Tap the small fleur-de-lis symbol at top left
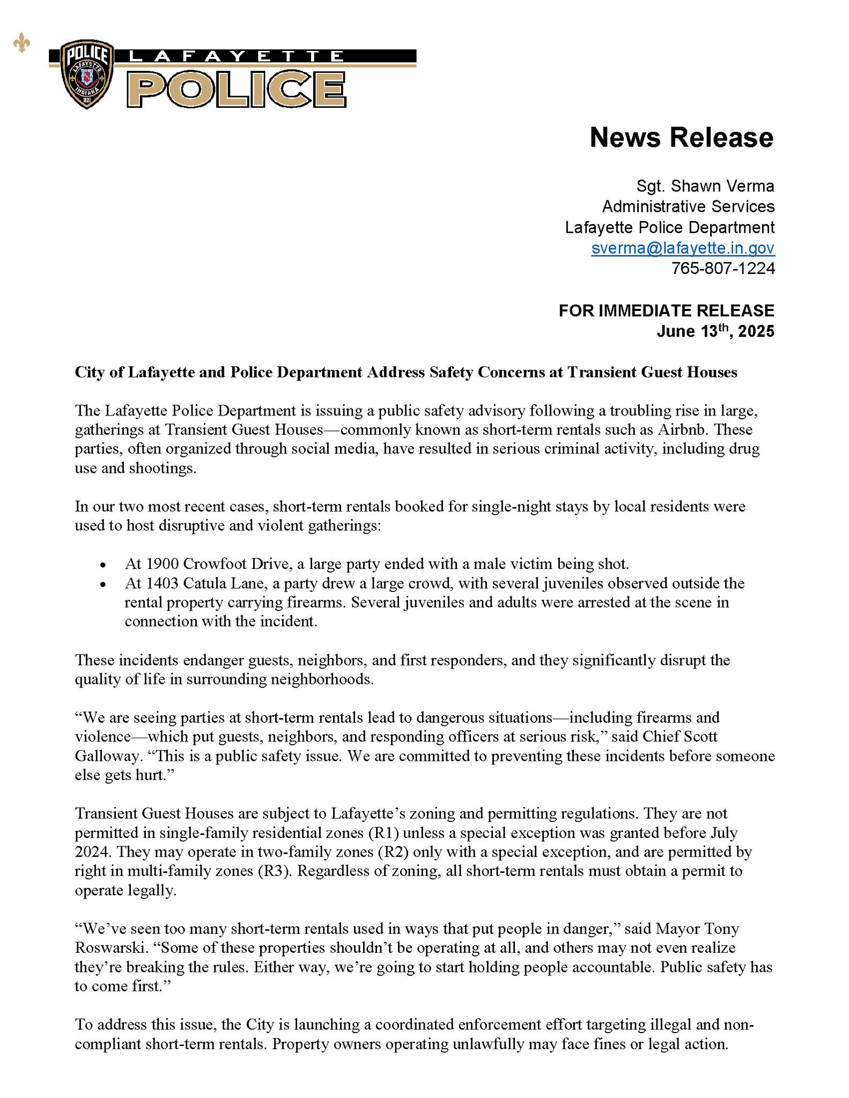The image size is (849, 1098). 21,44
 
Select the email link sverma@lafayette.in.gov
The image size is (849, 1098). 683,248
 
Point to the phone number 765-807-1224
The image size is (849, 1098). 723,268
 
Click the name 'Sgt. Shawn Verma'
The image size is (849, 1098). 705,186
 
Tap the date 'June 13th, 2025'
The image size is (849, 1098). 715,331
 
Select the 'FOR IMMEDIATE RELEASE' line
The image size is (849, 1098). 666,310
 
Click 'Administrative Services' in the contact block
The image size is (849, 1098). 688,206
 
